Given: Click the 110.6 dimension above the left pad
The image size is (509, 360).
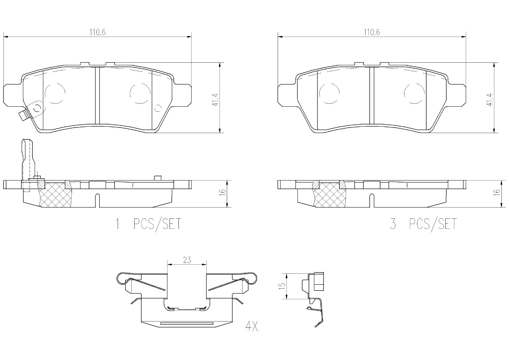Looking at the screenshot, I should click(97, 32).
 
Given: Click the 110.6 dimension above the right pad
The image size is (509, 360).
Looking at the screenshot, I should click(372, 32).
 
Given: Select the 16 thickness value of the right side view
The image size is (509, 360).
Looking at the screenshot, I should click(497, 192).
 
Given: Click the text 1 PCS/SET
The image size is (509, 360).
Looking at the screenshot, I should click(148, 224).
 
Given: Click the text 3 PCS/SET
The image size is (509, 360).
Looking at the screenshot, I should click(423, 224).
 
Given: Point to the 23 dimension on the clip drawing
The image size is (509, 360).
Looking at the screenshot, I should click(187, 260).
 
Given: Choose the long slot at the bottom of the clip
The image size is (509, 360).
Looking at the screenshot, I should click(187, 323).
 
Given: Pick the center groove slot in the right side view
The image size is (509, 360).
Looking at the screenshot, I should click(372, 201).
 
